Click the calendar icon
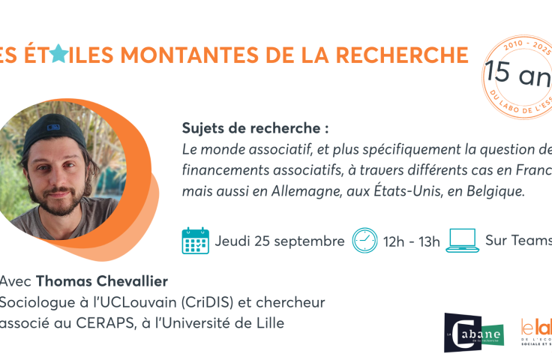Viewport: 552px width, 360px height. click(x=195, y=241)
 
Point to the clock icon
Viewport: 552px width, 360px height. click(x=364, y=241)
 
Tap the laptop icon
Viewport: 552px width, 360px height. click(x=462, y=241)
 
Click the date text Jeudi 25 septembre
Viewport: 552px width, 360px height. click(x=280, y=241)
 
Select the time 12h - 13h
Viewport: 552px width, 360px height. click(x=412, y=241)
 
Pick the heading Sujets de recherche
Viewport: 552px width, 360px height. click(x=256, y=128)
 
